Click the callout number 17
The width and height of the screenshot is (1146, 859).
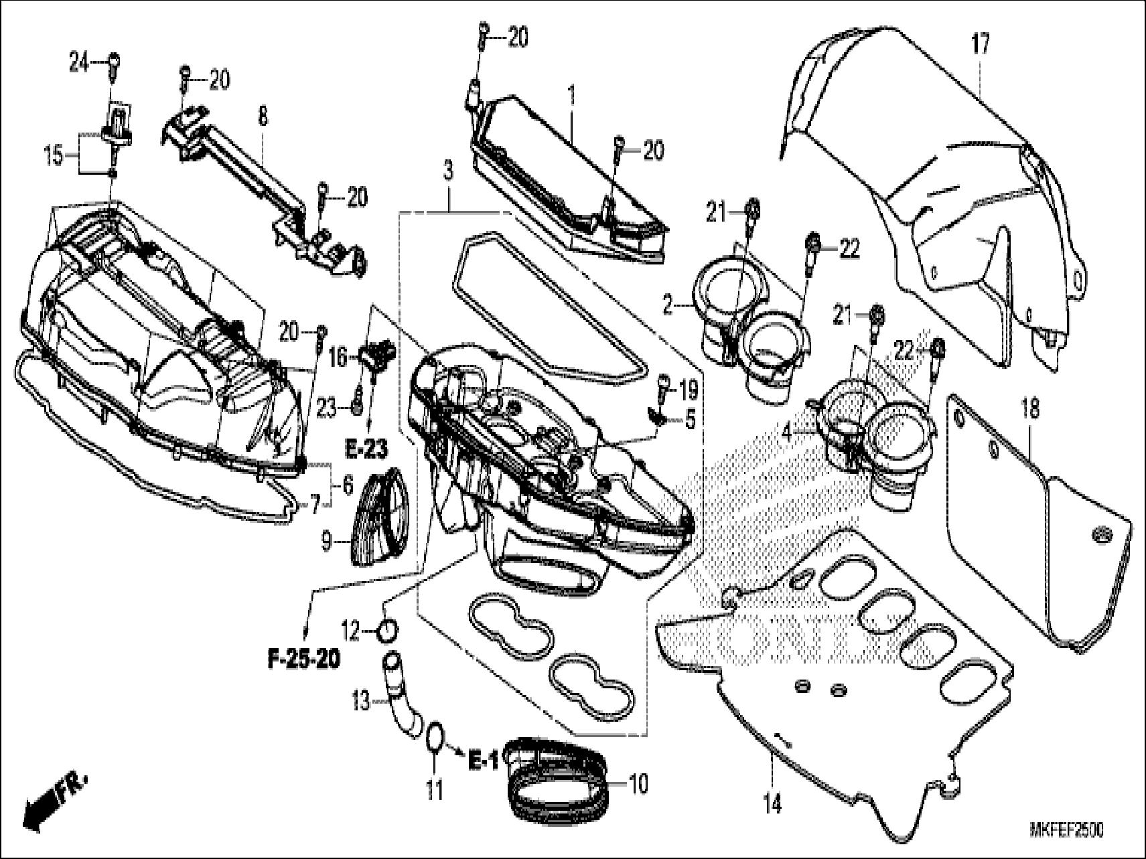(x=981, y=46)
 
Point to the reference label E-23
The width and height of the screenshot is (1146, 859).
(x=367, y=450)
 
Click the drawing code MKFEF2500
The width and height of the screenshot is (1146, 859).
(x=1066, y=830)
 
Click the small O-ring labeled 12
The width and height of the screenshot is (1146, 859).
(x=390, y=630)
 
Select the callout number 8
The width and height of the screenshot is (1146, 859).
(x=263, y=116)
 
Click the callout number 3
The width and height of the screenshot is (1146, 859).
(x=447, y=171)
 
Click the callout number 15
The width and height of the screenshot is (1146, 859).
(x=53, y=157)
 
